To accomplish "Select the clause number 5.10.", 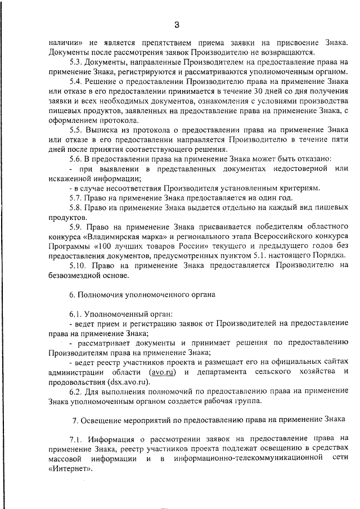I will pos(78,266).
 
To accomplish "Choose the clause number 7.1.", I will pos(75,438).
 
